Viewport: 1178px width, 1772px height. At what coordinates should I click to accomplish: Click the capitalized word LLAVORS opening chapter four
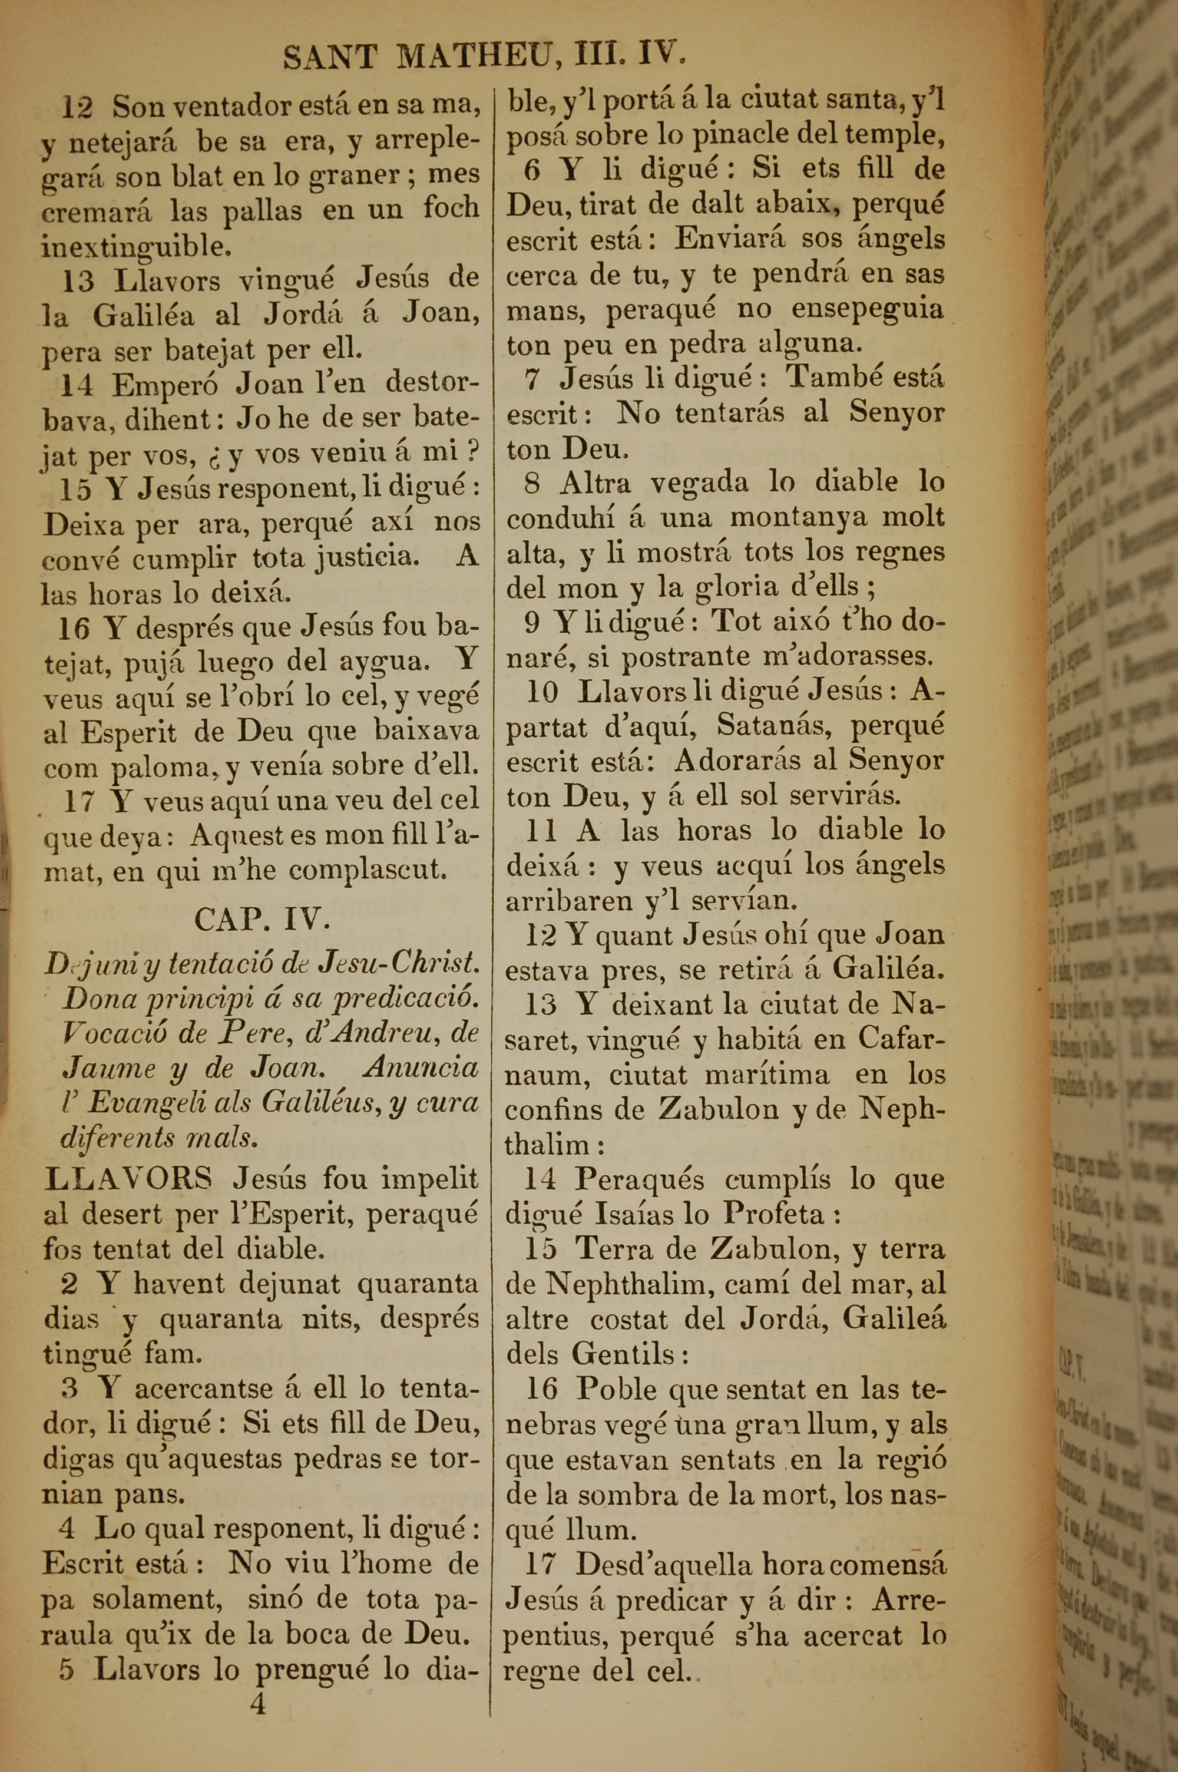pos(128,1179)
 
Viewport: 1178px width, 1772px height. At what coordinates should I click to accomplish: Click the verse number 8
pos(532,483)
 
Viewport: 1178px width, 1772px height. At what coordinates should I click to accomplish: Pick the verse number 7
pos(532,379)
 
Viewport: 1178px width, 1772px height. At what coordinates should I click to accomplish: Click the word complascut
pos(368,871)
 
